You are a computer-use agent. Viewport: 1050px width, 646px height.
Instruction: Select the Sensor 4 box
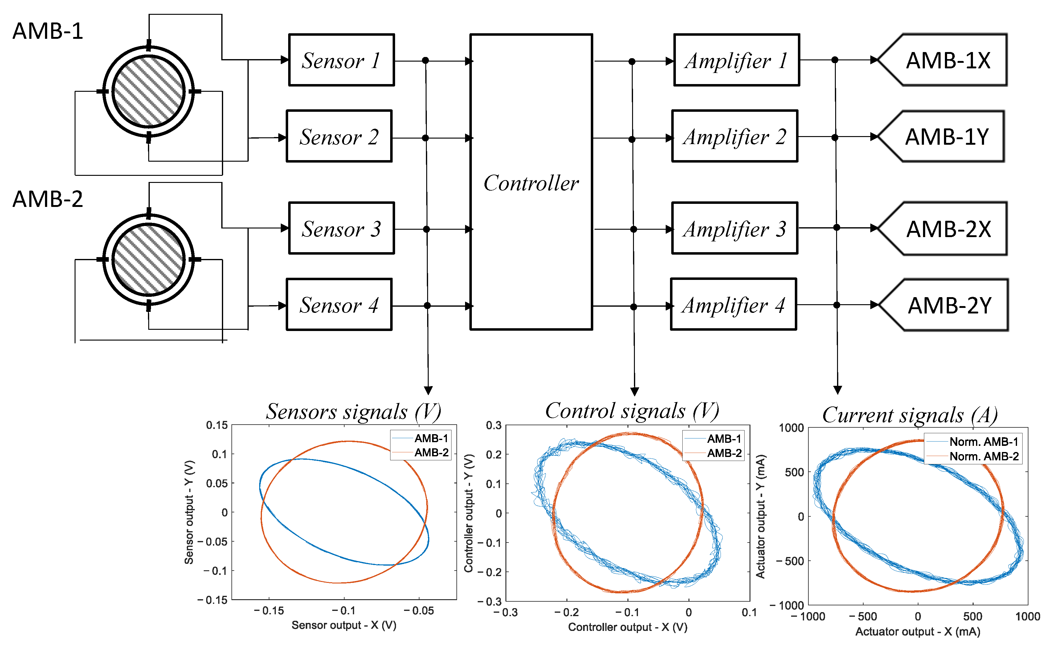pos(339,305)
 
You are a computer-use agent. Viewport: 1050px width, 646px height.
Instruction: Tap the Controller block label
pos(531,183)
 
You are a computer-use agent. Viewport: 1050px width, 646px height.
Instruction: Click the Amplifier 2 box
pos(734,137)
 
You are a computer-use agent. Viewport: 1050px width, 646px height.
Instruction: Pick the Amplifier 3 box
pos(734,228)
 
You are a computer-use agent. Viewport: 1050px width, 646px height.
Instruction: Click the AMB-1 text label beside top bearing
pos(47,31)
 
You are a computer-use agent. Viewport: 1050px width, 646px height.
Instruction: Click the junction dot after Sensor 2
pos(425,138)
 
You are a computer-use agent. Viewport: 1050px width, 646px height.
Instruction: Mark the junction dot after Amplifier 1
pos(835,60)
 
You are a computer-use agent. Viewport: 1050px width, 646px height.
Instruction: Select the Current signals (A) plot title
pos(909,415)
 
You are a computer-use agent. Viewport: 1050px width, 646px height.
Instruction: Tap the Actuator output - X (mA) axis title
pos(917,632)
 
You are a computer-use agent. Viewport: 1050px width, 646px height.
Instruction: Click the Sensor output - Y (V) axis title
pos(189,512)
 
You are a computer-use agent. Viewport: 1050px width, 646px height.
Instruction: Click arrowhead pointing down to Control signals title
pos(635,391)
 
